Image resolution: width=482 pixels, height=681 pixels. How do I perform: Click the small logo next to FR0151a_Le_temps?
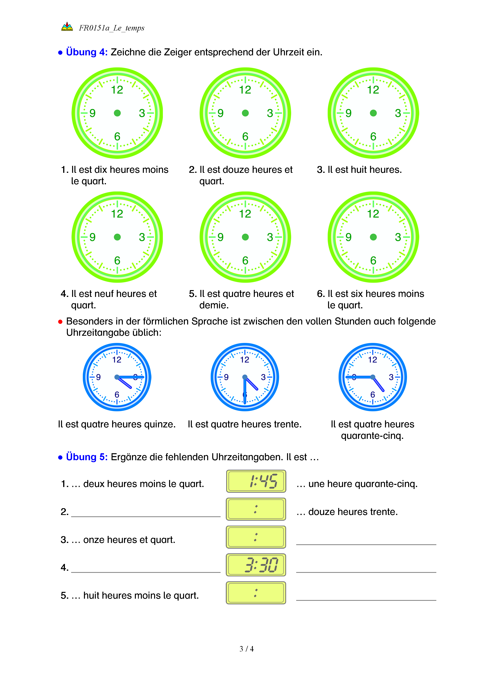(x=67, y=27)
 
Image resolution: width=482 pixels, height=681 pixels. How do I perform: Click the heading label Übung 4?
(x=87, y=52)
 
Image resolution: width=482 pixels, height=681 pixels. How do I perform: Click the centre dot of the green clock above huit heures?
(x=373, y=113)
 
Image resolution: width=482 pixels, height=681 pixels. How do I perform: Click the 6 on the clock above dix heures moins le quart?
(x=117, y=137)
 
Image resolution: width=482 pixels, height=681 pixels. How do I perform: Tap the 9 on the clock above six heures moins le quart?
(x=348, y=237)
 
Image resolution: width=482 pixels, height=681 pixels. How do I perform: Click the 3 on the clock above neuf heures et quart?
(x=142, y=237)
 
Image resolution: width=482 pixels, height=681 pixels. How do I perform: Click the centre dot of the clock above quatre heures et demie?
(x=245, y=237)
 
